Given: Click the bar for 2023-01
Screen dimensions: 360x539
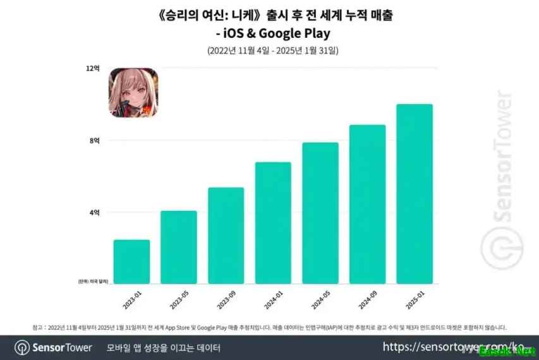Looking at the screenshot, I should (131, 262).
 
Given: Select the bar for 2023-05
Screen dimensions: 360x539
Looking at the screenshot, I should (179, 248).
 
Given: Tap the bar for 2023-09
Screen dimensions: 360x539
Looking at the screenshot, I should (226, 236).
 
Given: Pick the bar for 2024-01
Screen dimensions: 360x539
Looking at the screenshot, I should (273, 224).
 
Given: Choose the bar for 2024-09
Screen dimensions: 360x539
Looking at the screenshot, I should (367, 205).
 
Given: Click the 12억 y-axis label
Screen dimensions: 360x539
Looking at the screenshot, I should (94, 68).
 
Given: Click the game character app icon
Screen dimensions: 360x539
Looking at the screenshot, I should (135, 93).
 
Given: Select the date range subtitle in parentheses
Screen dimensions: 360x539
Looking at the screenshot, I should (269, 50).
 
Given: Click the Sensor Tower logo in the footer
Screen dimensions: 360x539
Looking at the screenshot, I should (54, 347).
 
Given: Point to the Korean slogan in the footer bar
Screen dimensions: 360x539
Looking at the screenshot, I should (164, 347).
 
